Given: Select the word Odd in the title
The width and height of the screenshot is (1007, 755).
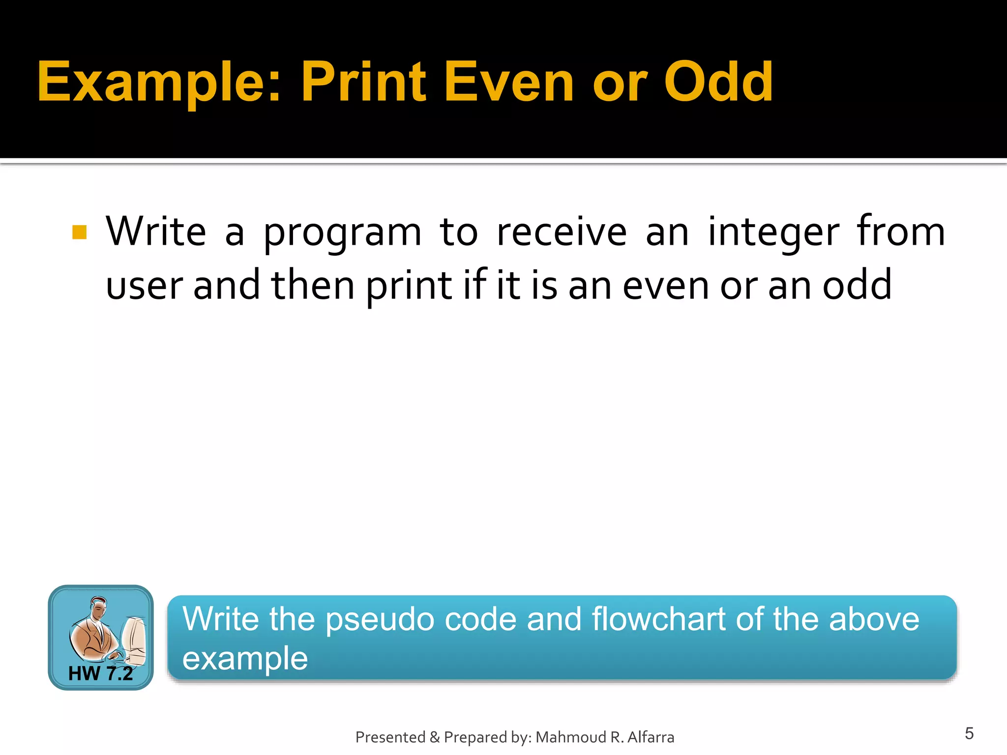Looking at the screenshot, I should (718, 83).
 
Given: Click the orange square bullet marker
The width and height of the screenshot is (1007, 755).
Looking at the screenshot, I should (79, 232).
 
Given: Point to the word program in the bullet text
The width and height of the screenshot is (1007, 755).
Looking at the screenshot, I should (342, 233).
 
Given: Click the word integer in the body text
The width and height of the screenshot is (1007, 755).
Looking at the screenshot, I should (773, 233).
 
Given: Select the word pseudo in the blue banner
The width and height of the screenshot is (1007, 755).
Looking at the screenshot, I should (380, 619).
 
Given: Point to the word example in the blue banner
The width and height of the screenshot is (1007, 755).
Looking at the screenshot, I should (245, 659).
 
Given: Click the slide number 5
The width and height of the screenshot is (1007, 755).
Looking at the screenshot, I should (969, 733).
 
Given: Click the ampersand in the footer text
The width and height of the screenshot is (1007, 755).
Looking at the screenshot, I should (434, 737).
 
